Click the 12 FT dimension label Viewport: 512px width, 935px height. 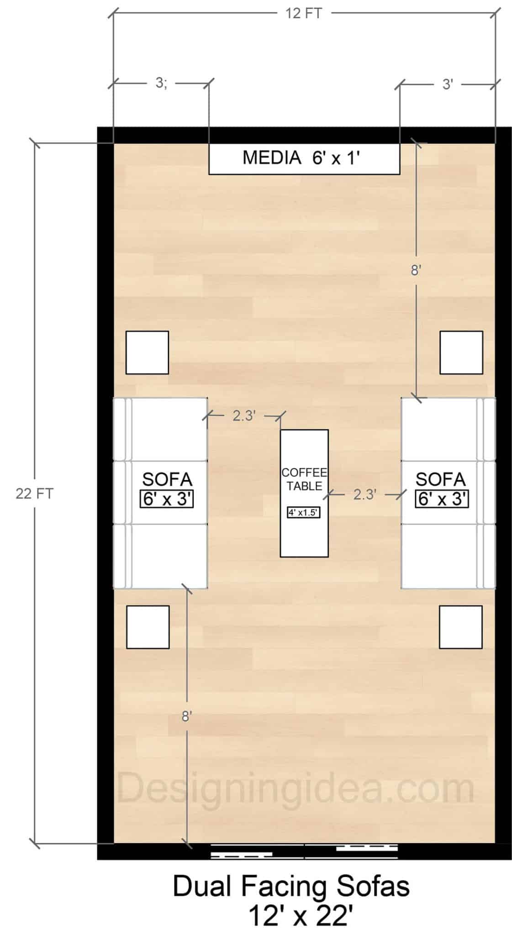pyautogui.click(x=304, y=13)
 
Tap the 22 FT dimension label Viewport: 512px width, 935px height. pyautogui.click(x=34, y=494)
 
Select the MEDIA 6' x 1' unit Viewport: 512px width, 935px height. pyautogui.click(x=304, y=158)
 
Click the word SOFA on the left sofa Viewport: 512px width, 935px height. pyautogui.click(x=167, y=479)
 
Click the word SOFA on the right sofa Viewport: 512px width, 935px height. pyautogui.click(x=441, y=479)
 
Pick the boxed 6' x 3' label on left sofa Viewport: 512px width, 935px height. pyautogui.click(x=167, y=499)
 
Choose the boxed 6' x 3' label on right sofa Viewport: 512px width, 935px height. pyautogui.click(x=442, y=499)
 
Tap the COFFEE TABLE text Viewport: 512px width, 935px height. pyautogui.click(x=304, y=479)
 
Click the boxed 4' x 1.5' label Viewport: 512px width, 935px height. pyautogui.click(x=304, y=512)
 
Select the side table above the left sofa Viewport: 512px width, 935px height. pyautogui.click(x=147, y=352)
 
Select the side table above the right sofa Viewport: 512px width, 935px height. pyautogui.click(x=461, y=352)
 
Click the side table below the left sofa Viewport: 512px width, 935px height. pyautogui.click(x=148, y=627)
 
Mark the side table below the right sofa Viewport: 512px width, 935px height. pyautogui.click(x=460, y=627)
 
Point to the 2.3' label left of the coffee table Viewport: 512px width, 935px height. pyautogui.click(x=244, y=415)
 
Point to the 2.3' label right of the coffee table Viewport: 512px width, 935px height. pyautogui.click(x=364, y=494)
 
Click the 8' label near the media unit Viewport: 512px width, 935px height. pyautogui.click(x=415, y=270)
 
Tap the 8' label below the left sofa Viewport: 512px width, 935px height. pyautogui.click(x=185, y=717)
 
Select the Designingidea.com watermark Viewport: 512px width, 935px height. pyautogui.click(x=296, y=788)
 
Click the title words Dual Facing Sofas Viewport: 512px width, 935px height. pyautogui.click(x=291, y=887)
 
